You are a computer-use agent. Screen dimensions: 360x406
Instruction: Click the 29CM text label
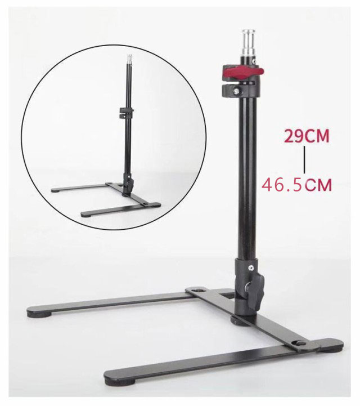[307, 136]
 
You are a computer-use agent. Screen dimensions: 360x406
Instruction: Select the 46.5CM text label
[296, 184]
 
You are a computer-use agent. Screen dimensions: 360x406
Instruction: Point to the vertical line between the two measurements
[304, 160]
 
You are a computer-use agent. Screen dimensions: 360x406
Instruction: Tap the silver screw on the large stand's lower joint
[250, 267]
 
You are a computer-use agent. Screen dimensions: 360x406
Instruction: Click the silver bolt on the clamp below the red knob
[236, 91]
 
